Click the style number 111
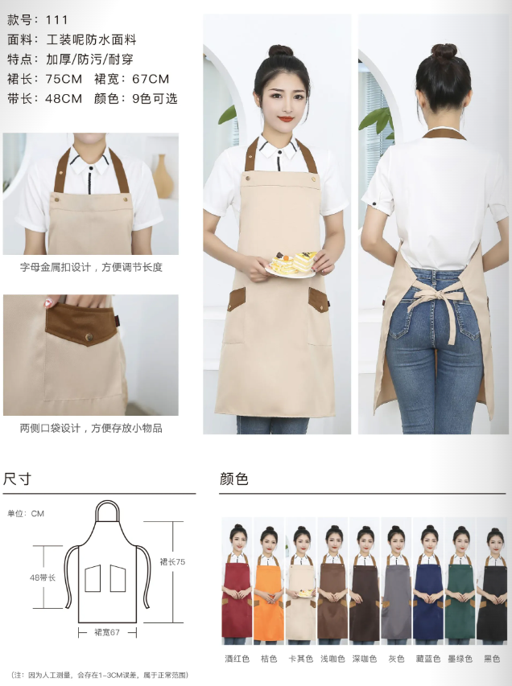pyautogui.click(x=57, y=19)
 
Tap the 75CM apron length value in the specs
pyautogui.click(x=64, y=79)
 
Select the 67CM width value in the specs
pyautogui.click(x=151, y=79)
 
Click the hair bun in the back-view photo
pyautogui.click(x=444, y=51)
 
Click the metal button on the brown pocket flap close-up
pyautogui.click(x=89, y=337)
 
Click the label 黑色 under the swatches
pyautogui.click(x=492, y=659)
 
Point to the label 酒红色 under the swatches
pyautogui.click(x=237, y=659)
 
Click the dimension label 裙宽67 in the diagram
pyautogui.click(x=107, y=632)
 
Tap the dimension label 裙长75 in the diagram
pyautogui.click(x=172, y=562)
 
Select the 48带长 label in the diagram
pyautogui.click(x=43, y=578)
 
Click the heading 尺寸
pyautogui.click(x=17, y=479)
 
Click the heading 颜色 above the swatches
pyautogui.click(x=234, y=479)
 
